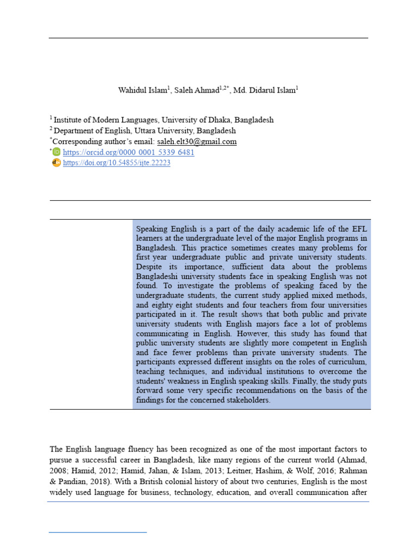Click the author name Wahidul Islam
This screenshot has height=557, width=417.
tap(139, 90)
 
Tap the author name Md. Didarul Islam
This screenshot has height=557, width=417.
tap(263, 90)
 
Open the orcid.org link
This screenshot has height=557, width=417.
tap(129, 152)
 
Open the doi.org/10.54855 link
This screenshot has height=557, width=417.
tap(117, 163)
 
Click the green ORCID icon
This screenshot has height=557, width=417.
tap(56, 152)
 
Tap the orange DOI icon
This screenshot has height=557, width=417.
tap(56, 163)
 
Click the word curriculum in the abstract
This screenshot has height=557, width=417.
tap(345, 362)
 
